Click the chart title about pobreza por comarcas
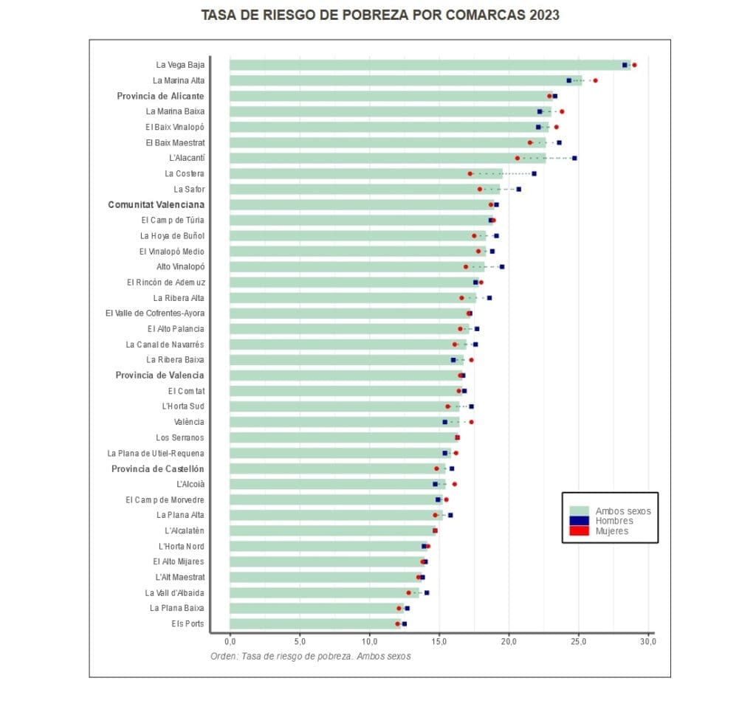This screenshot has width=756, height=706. coord(380,15)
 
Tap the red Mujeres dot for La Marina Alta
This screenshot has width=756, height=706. coord(595,80)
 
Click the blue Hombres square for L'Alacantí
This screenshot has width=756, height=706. coord(574,158)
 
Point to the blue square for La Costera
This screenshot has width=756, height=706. coord(534,173)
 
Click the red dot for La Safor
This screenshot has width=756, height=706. coord(480,189)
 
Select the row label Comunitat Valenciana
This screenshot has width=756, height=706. coord(156,204)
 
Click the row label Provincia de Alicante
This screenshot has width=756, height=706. coord(160,96)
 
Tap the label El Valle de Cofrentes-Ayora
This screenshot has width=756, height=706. coord(155,313)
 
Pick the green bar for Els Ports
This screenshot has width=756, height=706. coord(314,623)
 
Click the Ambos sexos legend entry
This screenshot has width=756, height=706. coord(622,511)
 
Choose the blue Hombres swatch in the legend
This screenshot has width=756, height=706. coord(580,521)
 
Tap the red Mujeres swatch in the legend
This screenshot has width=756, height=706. coord(580,530)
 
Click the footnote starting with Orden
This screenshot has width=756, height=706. coord(310,656)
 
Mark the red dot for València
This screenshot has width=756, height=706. coord(471,422)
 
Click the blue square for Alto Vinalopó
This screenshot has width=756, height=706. coord(502,266)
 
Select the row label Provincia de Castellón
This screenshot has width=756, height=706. coord(158,468)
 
